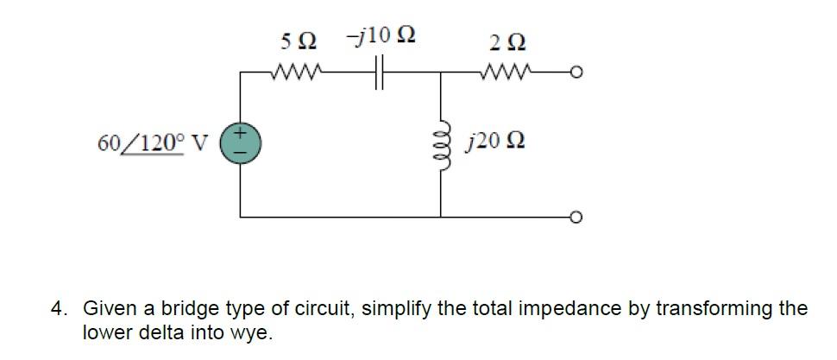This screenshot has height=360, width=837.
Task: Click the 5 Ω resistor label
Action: click(x=299, y=41)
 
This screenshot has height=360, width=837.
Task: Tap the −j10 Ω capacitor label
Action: click(x=381, y=37)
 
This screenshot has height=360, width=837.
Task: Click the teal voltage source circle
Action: click(x=240, y=142)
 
